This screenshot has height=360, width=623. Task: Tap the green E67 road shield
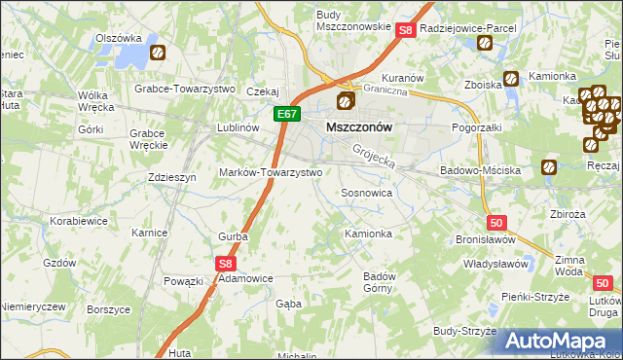pyautogui.click(x=284, y=114)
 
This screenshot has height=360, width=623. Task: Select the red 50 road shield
pyautogui.click(x=496, y=223)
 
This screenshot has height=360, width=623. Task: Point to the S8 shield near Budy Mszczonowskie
pyautogui.click(x=407, y=31)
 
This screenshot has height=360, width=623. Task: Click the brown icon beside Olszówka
pyautogui.click(x=159, y=54)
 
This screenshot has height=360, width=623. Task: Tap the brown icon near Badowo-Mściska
pyautogui.click(x=549, y=167)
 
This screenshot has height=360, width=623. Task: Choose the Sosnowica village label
pyautogui.click(x=366, y=193)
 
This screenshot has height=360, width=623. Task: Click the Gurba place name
pyautogui.click(x=233, y=235)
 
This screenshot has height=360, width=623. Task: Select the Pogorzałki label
pyautogui.click(x=476, y=127)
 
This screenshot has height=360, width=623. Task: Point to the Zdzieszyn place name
pyautogui.click(x=172, y=177)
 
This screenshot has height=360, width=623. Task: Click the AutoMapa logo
pyautogui.click(x=559, y=340)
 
